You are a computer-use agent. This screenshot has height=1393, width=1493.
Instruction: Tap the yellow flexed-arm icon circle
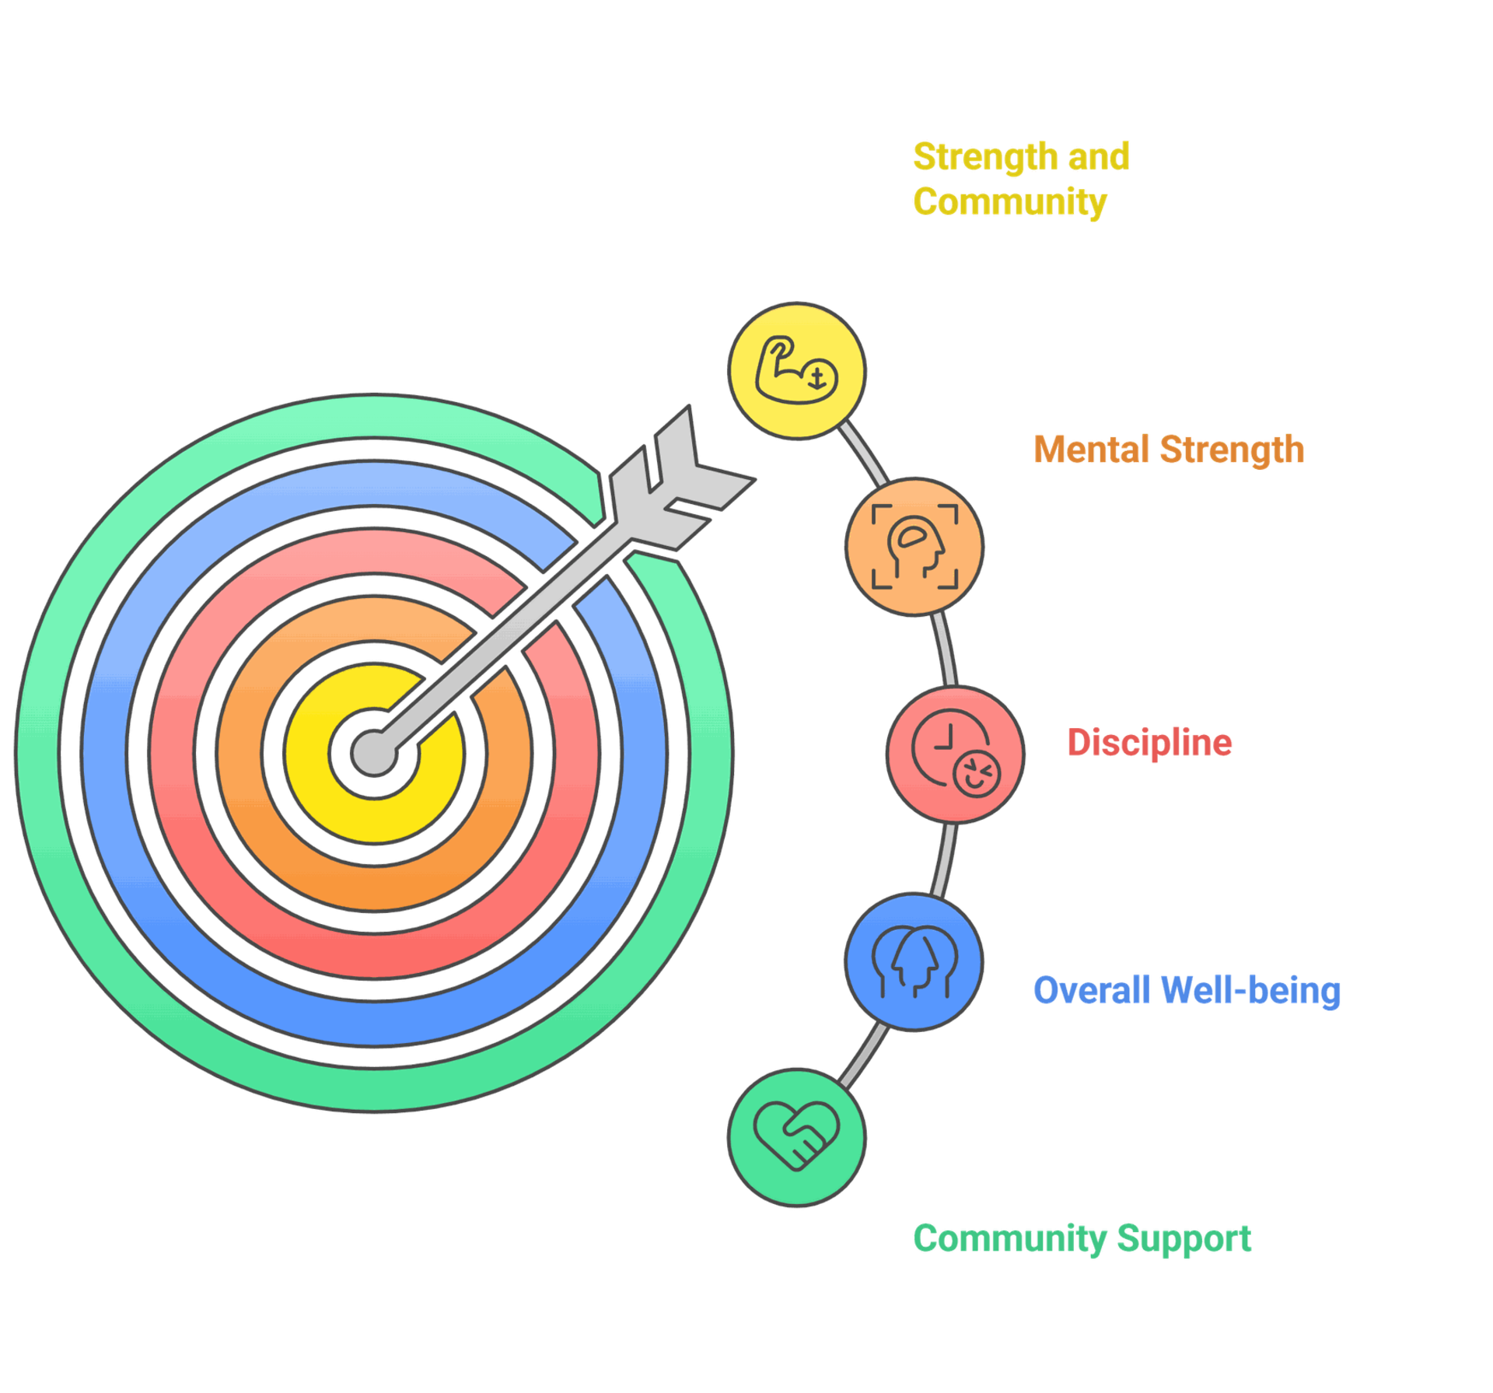click(797, 371)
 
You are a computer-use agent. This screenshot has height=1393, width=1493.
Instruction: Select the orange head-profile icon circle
click(914, 547)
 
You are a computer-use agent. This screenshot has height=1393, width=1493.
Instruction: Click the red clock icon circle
click(955, 754)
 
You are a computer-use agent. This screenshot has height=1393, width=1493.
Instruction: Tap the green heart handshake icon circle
click(797, 1136)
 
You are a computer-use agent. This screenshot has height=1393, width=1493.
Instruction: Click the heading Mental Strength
click(1168, 450)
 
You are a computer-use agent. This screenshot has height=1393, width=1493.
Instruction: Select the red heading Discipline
click(1149, 743)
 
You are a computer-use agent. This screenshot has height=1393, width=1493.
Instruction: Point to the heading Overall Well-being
click(1187, 990)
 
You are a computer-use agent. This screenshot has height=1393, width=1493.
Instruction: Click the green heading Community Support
click(1082, 1238)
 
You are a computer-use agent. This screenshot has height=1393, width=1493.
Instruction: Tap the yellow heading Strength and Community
click(1020, 179)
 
